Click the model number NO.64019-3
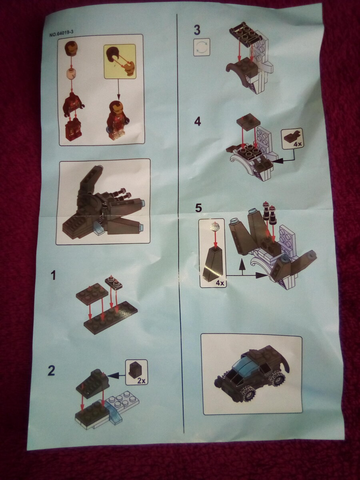62,34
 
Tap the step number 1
53,275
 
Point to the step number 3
197,30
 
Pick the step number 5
198,208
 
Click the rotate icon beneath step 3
202,47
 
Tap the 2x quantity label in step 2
141,381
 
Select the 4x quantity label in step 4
297,144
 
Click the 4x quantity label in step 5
220,283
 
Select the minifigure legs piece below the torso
72,128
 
